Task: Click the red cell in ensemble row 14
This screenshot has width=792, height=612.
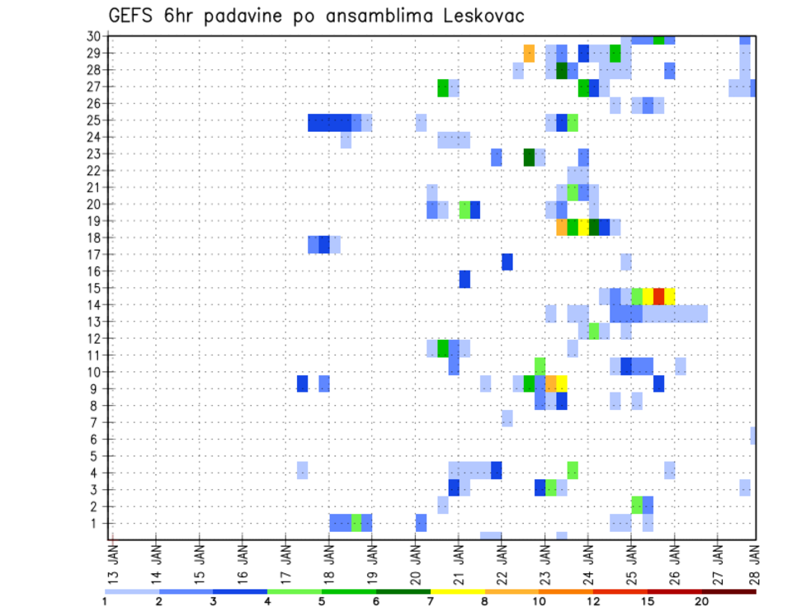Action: [x=658, y=295]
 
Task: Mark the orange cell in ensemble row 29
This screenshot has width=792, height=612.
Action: [x=529, y=54]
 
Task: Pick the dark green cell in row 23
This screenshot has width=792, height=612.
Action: [x=529, y=156]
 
